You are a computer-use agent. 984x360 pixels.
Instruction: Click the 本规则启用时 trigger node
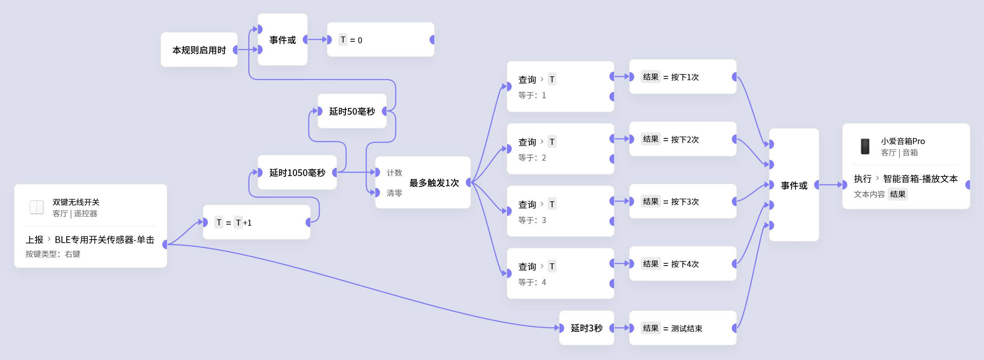click(x=199, y=50)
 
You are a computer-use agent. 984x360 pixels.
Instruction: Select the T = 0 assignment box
click(x=380, y=40)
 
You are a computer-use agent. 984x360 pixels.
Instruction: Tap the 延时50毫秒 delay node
click(x=352, y=111)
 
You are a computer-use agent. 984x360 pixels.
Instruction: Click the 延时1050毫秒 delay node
click(x=297, y=173)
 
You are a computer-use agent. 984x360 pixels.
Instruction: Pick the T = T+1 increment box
click(x=256, y=222)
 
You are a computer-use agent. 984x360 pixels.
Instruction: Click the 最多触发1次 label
click(x=434, y=183)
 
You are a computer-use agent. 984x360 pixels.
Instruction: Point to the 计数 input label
click(x=394, y=173)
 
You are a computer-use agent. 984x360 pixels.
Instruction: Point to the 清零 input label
click(x=394, y=193)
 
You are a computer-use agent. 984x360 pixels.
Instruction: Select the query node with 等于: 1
click(x=560, y=87)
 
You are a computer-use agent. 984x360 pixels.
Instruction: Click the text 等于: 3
click(x=532, y=220)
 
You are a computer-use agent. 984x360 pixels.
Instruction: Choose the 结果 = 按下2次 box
click(x=683, y=139)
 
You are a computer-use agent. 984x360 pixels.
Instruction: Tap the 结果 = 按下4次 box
click(x=683, y=264)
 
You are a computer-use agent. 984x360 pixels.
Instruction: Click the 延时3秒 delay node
click(x=586, y=328)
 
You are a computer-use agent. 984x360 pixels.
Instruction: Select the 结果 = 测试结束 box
click(x=683, y=328)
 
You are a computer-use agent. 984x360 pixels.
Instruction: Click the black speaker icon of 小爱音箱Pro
click(x=865, y=146)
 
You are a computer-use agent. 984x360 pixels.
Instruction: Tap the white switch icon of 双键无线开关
click(x=36, y=207)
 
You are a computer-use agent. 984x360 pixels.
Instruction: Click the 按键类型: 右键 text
click(x=53, y=254)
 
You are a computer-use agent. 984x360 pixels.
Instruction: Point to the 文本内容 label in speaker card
click(x=869, y=194)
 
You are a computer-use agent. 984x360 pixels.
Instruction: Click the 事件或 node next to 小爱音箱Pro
click(x=794, y=185)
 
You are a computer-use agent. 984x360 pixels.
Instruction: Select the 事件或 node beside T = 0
click(x=282, y=40)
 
